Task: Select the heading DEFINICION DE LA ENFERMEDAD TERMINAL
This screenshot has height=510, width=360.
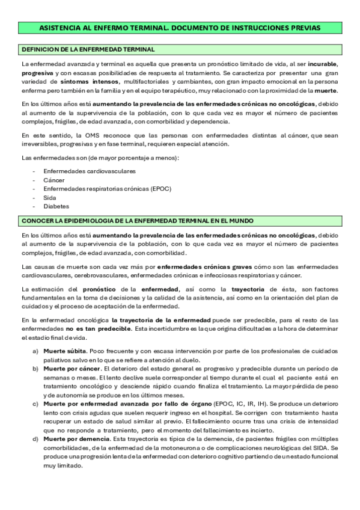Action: [88, 49]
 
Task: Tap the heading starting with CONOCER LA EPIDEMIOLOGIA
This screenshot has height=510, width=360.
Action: [137, 221]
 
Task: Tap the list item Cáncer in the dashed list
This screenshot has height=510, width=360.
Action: [54, 180]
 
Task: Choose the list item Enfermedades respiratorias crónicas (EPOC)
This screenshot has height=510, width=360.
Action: [99, 188]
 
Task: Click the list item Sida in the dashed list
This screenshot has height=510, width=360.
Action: [49, 197]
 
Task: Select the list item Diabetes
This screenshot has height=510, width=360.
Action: [56, 206]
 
